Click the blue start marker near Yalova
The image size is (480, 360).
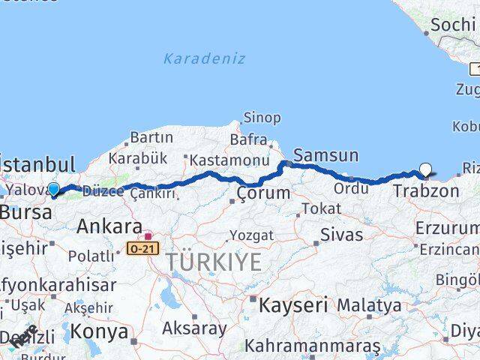[x=53, y=189]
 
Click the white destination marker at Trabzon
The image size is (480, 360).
[x=426, y=170]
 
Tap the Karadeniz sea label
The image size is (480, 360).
[x=205, y=58]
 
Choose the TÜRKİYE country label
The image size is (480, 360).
[x=214, y=262]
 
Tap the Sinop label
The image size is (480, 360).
[x=262, y=118]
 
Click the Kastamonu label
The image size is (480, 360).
[x=218, y=160]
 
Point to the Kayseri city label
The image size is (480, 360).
[x=293, y=304]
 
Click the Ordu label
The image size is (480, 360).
[x=351, y=188]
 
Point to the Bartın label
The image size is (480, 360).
[x=151, y=137]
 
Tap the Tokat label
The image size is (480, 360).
[x=315, y=209]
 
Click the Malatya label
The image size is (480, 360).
[x=369, y=305]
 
